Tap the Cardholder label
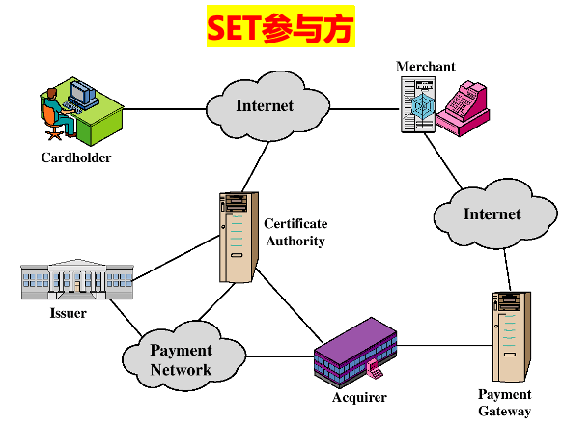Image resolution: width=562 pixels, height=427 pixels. click(x=75, y=157)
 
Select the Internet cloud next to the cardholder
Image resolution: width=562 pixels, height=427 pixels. click(x=264, y=105)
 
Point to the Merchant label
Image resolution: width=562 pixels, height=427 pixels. click(x=425, y=66)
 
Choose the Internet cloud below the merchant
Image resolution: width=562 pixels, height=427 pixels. click(x=492, y=213)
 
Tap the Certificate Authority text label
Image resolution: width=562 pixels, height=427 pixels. click(x=295, y=232)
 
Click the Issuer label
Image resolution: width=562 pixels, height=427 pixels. click(x=68, y=313)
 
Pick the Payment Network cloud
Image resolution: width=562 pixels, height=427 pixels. click(x=181, y=359)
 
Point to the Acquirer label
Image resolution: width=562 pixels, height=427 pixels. click(x=359, y=397)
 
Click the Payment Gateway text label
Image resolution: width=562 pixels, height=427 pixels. click(x=504, y=403)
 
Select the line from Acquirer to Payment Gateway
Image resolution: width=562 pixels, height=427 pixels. click(x=444, y=345)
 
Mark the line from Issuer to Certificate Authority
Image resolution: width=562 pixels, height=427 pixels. click(x=174, y=262)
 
